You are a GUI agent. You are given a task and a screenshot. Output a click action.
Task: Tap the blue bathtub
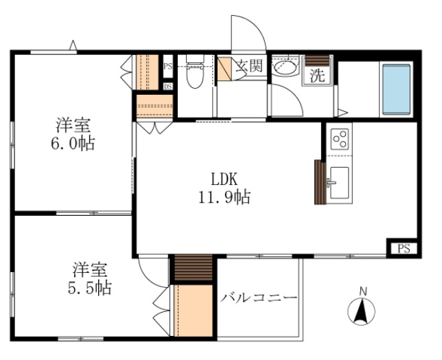[x=396, y=89]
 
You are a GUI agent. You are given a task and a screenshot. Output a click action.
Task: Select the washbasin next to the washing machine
[x=286, y=67]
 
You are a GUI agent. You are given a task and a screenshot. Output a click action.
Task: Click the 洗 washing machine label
[x=318, y=76]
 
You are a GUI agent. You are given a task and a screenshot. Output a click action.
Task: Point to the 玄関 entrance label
[x=249, y=66]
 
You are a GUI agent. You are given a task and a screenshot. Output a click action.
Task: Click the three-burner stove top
[x=340, y=139]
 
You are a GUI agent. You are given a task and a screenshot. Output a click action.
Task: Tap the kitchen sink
[x=339, y=183]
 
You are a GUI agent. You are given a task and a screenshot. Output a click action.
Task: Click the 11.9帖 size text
[x=224, y=197]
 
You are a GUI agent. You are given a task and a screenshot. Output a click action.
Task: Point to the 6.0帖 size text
[x=73, y=143]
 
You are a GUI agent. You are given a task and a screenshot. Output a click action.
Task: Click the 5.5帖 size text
[x=90, y=287]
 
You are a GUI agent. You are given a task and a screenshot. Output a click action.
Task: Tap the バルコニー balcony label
[x=259, y=297]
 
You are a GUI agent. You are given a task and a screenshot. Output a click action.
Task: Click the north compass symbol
[x=362, y=308]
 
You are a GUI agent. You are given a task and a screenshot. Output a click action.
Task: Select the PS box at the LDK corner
[x=404, y=249]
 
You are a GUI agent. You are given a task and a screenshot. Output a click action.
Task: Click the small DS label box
[x=168, y=87]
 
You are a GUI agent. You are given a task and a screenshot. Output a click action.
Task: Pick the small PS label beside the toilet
[x=167, y=67]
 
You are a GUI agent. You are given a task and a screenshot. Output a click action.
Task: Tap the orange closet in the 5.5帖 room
[x=194, y=311]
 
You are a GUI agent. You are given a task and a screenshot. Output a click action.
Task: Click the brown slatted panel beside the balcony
[x=194, y=268]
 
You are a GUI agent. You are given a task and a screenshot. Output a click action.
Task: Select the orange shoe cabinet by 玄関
[x=224, y=69]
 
